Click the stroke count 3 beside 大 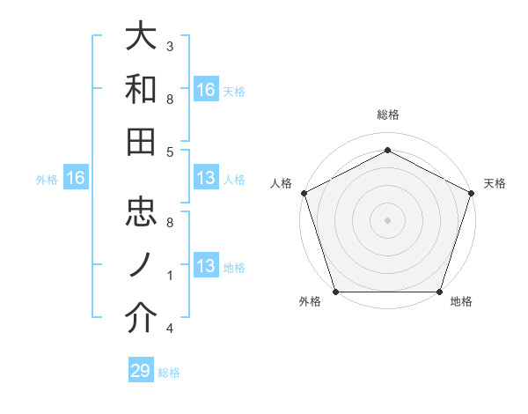coord(170,46)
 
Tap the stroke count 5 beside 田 coord(170,152)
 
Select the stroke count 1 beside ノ coord(170,276)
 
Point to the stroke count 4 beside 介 coord(170,329)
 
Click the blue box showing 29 coord(141,371)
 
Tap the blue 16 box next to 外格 coord(76,179)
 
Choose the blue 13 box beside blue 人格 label coord(206,179)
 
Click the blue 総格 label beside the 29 coord(169,373)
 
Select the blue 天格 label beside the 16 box coord(234,91)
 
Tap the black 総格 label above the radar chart coord(387,115)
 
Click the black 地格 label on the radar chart coord(461,302)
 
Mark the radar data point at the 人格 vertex coord(304,193)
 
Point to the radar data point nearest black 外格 coord(336,292)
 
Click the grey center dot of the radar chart coord(387,219)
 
